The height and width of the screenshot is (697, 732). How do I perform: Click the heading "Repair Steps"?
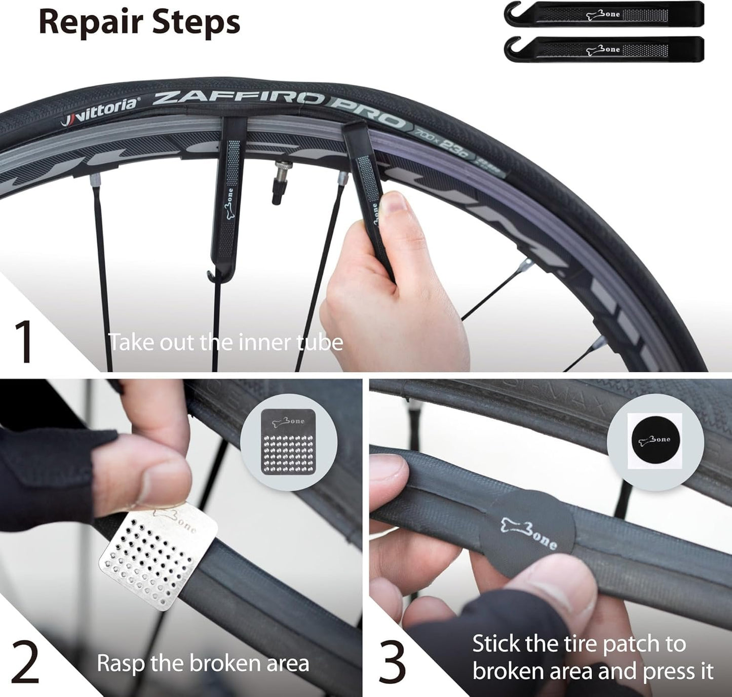point(139,22)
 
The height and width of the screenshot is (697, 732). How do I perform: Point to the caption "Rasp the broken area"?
point(203,663)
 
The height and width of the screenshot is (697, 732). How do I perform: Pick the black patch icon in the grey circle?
point(655,440)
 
